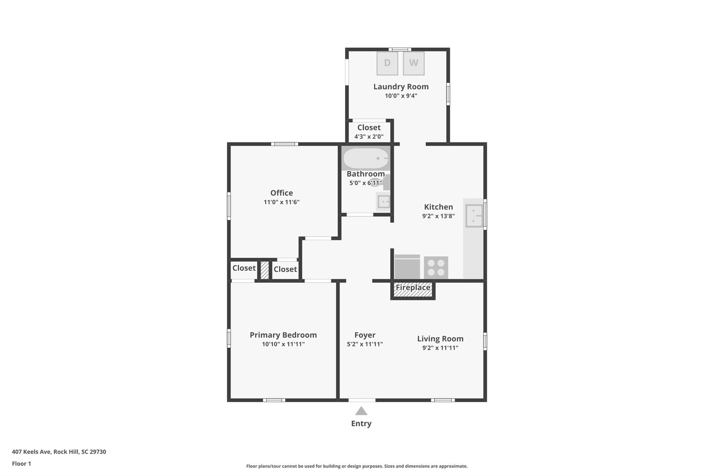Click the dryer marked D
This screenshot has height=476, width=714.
(387, 63)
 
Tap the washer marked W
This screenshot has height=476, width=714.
(413, 63)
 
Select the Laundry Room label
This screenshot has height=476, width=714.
(401, 86)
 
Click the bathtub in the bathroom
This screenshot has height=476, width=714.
(366, 158)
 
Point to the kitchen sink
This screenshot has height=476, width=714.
(474, 216)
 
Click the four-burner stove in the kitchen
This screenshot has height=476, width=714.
(436, 267)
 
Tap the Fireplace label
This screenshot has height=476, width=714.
(413, 288)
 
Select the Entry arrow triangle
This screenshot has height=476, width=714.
(361, 411)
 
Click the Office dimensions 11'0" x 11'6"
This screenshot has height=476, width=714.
(281, 202)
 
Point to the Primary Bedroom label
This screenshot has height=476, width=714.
(283, 335)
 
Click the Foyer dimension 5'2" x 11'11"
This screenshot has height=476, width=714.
(365, 344)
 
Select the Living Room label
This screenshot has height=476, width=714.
(440, 339)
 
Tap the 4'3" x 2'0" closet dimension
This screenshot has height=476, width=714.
(369, 137)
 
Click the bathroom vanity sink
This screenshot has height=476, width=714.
(383, 202)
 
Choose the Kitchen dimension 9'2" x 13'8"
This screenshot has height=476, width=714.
(438, 216)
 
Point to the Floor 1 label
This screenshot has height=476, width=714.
(21, 463)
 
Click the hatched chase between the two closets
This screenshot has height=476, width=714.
(265, 270)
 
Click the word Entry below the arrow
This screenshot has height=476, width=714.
(361, 423)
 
